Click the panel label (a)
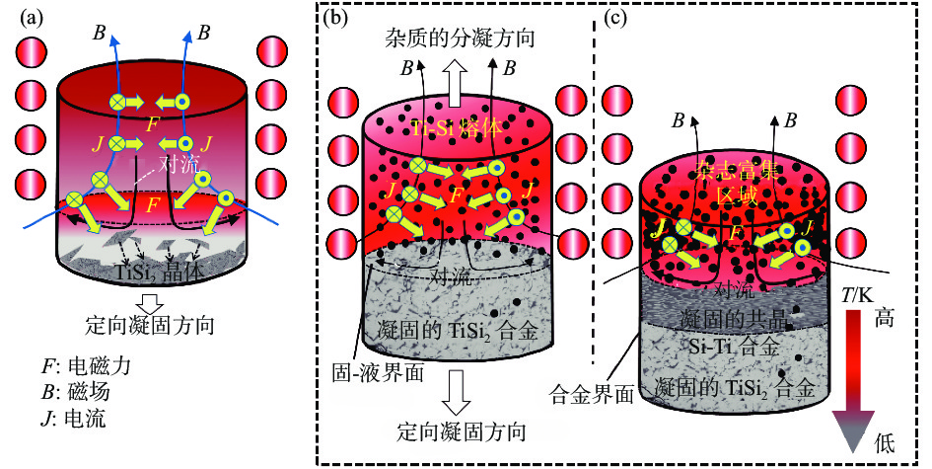[x=27, y=18]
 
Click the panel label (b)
[x=338, y=18]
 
